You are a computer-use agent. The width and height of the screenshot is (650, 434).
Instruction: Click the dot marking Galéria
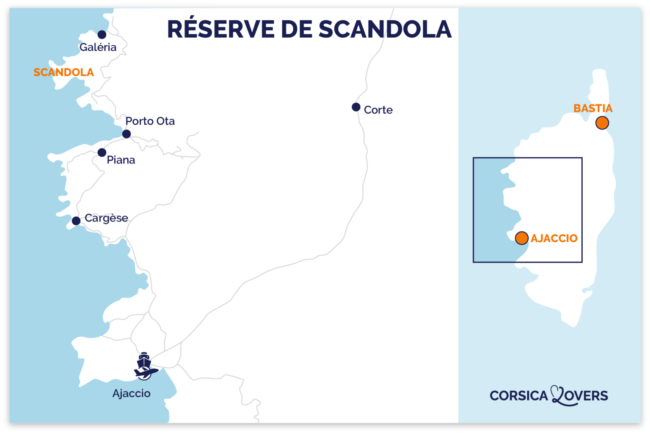[x=102, y=34]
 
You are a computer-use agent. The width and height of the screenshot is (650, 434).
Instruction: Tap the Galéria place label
[x=98, y=47]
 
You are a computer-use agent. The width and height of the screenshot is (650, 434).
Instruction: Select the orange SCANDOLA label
[x=63, y=72]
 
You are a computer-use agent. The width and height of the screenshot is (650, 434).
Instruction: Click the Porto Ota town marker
[x=126, y=134]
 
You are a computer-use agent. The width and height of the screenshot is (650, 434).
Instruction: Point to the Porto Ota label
[x=150, y=121]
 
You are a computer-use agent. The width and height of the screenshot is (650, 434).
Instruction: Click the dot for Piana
[x=102, y=152]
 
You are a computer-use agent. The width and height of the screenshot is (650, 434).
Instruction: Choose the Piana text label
[x=121, y=160]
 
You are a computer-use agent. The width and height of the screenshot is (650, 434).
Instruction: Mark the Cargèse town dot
[x=76, y=221]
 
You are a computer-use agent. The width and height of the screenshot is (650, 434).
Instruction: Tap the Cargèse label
[x=106, y=218]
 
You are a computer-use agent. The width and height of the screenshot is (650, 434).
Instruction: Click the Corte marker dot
[x=356, y=107]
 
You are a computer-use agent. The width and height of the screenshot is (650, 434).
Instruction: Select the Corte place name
[x=378, y=110]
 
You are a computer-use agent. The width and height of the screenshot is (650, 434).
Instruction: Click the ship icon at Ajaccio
[x=144, y=360]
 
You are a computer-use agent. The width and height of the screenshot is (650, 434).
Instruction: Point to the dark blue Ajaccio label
[x=131, y=393]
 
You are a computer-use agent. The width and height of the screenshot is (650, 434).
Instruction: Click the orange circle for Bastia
[x=602, y=123]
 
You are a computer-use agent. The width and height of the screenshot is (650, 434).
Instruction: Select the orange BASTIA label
[x=592, y=108]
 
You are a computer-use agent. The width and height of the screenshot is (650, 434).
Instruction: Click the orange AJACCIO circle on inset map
[x=521, y=238]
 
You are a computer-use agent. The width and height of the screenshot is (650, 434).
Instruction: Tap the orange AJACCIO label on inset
[x=554, y=238]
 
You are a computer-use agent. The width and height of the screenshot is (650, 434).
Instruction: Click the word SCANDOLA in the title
[x=385, y=29]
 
